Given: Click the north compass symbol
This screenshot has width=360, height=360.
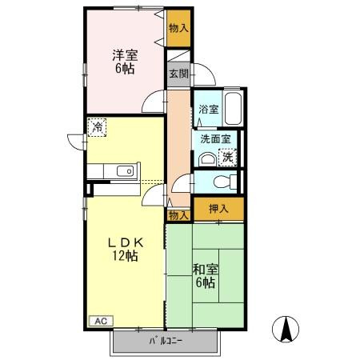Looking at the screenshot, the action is [x=286, y=329].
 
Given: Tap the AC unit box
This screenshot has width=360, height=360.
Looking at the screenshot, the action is [x=101, y=321].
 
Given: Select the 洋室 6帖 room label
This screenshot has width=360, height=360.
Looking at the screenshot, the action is [x=125, y=62].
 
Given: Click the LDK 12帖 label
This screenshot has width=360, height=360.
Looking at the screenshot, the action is [x=125, y=249].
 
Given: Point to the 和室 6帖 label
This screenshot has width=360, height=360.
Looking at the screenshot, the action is [x=206, y=276].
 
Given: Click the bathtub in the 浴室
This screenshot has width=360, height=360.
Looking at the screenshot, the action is [x=233, y=108].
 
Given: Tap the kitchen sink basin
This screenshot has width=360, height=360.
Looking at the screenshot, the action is [x=125, y=171].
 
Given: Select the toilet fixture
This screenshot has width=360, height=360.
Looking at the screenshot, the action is [x=225, y=182].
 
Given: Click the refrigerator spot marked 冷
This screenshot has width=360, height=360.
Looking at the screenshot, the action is [x=97, y=127].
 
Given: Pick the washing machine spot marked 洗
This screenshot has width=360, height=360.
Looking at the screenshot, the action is [x=227, y=158].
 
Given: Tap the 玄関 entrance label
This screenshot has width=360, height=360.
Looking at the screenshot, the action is [x=178, y=74].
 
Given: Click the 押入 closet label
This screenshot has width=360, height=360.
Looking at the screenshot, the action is [x=218, y=209].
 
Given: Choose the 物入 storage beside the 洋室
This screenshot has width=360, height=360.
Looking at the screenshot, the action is [x=178, y=28].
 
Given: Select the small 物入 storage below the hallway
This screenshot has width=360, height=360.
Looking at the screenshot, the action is [x=178, y=215].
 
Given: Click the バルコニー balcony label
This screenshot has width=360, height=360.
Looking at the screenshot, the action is [x=166, y=341].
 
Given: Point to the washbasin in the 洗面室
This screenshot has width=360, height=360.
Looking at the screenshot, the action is [x=206, y=159].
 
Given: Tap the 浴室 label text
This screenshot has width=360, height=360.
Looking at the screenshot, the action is [x=209, y=110].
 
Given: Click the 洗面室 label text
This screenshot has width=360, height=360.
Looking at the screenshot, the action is [x=215, y=139].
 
